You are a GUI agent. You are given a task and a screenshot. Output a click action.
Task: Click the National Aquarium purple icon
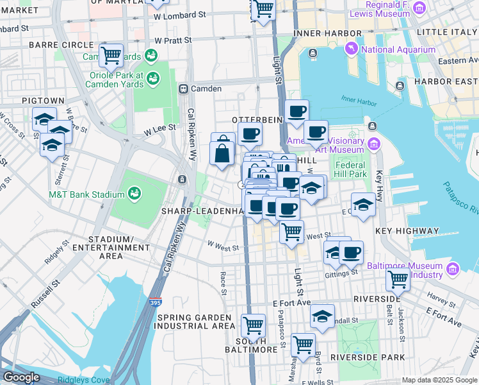[x=352, y=49]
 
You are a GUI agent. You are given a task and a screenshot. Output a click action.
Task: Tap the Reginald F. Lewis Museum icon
[x=419, y=8]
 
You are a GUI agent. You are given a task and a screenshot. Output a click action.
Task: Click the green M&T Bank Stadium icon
[x=134, y=193]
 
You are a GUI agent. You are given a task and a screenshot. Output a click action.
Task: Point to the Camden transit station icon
[x=183, y=89]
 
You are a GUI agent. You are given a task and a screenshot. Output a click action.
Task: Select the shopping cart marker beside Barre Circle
[x=111, y=55]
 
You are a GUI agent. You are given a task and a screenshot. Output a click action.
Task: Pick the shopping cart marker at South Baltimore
[x=253, y=325]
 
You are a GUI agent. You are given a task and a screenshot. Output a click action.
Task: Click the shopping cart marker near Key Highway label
[x=292, y=231]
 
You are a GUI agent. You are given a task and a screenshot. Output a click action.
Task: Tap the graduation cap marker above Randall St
[x=323, y=316]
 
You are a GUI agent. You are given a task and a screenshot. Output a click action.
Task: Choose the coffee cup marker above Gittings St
[x=351, y=252]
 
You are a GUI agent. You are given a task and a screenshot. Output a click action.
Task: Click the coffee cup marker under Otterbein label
[x=250, y=135]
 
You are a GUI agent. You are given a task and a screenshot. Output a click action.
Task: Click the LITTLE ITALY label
[x=446, y=31]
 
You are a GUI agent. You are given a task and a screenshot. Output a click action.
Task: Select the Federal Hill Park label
[x=351, y=169]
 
